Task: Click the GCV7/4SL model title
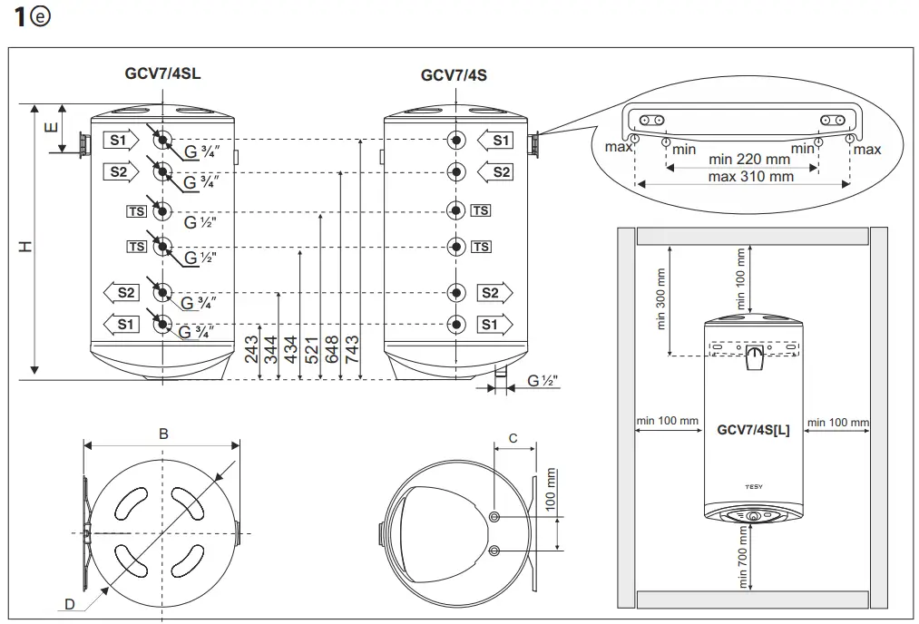(x=162, y=74)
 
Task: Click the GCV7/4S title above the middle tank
(x=454, y=74)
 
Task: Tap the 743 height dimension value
(x=353, y=351)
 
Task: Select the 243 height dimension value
(x=251, y=351)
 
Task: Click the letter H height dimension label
(x=27, y=246)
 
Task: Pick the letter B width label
(x=163, y=434)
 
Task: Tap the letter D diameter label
(x=70, y=604)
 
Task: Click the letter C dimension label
(x=513, y=438)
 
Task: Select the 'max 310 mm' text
(x=750, y=177)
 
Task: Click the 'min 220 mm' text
(x=749, y=160)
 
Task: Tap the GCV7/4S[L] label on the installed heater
(x=753, y=430)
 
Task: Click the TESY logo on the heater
(x=753, y=486)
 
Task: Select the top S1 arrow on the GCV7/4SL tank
(x=120, y=140)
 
